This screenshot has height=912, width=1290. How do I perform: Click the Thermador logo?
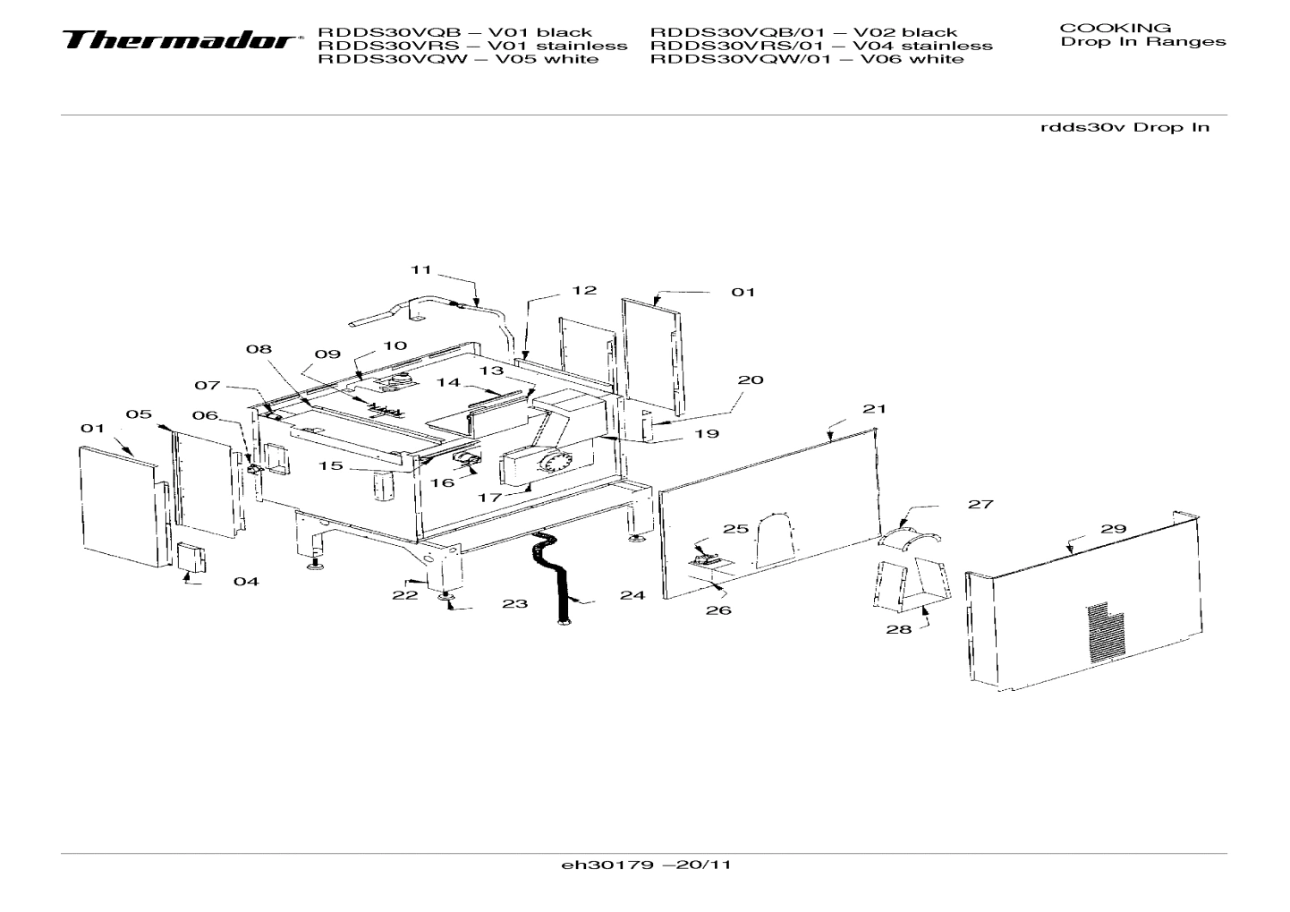pyautogui.click(x=179, y=41)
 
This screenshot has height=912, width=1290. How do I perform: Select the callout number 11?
pyautogui.click(x=421, y=269)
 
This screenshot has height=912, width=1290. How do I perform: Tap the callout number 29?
pyautogui.click(x=1113, y=529)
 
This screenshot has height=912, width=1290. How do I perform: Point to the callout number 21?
pyautogui.click(x=874, y=408)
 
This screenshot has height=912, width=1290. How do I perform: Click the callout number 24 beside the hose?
pyautogui.click(x=632, y=595)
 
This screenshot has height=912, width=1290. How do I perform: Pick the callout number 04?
pyautogui.click(x=246, y=582)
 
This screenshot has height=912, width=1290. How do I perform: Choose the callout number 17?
pyautogui.click(x=489, y=497)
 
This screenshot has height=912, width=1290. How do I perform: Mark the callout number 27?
pyautogui.click(x=980, y=504)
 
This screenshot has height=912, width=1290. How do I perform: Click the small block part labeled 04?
pyautogui.click(x=191, y=557)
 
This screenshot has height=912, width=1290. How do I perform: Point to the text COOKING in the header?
pyautogui.click(x=1115, y=28)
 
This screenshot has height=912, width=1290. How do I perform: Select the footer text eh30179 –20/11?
pyautogui.click(x=646, y=865)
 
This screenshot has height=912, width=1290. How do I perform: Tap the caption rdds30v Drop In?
pyautogui.click(x=1125, y=127)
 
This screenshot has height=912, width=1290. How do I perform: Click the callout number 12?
pyautogui.click(x=584, y=290)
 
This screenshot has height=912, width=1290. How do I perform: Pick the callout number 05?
pyautogui.click(x=139, y=414)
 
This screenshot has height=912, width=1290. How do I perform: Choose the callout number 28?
pyautogui.click(x=898, y=629)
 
